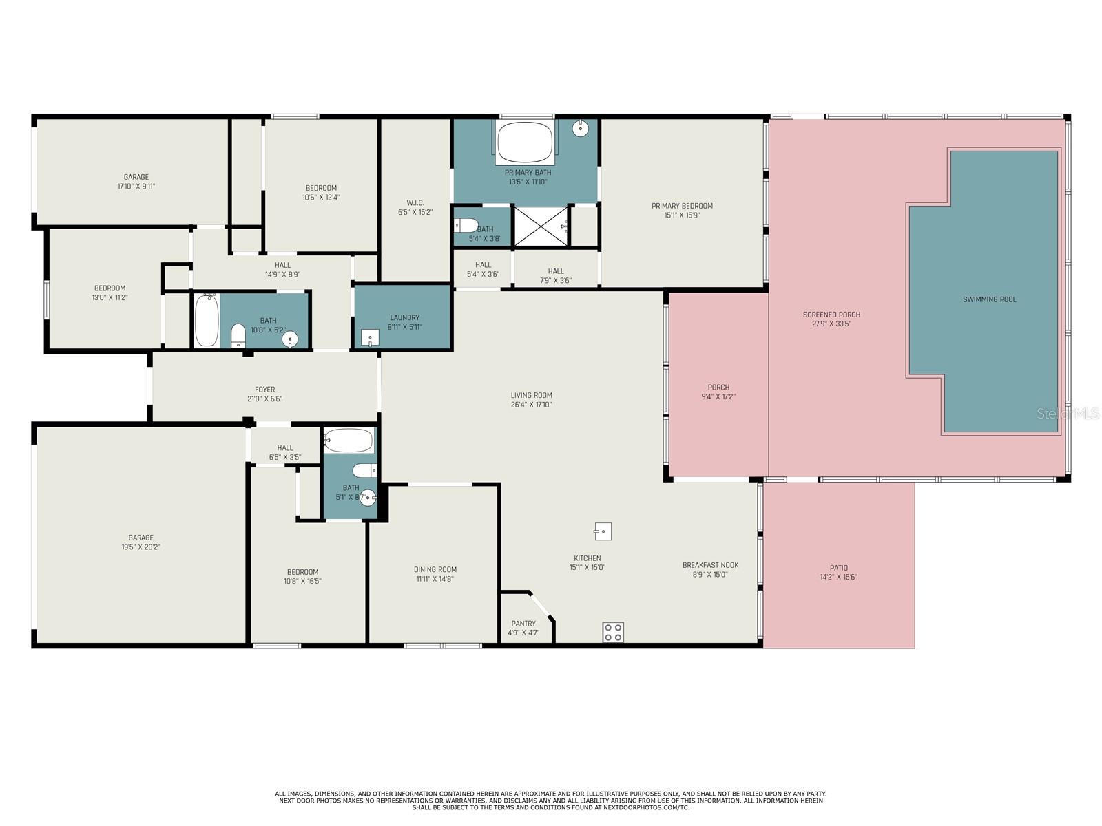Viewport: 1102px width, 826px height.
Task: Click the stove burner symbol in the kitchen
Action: [x=612, y=631]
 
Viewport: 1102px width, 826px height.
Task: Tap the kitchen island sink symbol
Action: [x=603, y=531]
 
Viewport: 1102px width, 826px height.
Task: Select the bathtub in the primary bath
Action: [x=525, y=142]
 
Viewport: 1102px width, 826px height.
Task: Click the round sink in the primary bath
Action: [x=580, y=129]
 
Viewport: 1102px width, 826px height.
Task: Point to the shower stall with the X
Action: [x=541, y=226]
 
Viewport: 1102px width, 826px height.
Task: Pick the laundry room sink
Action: [x=370, y=337]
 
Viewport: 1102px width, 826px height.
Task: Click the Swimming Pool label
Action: [x=989, y=299]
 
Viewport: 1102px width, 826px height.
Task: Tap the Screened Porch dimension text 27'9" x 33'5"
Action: [x=831, y=324]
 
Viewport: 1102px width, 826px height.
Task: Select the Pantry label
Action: [x=523, y=624]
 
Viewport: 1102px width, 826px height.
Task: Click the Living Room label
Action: [x=531, y=395]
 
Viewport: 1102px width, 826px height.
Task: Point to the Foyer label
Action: [x=264, y=390]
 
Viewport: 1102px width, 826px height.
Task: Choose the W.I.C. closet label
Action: [x=415, y=202]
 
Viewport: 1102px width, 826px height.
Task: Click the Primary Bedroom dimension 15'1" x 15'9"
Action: [x=682, y=215]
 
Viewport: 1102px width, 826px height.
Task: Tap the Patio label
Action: [x=838, y=568]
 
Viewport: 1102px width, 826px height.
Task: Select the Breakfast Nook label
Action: [x=710, y=565]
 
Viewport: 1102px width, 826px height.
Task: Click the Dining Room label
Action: [x=435, y=569]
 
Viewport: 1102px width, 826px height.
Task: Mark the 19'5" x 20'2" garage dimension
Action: [x=141, y=547]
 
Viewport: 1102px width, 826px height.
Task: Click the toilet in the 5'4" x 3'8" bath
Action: [x=466, y=225]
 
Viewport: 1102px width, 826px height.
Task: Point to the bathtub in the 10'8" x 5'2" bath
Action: [x=207, y=321]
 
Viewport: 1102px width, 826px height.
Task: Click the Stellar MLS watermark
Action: [x=1068, y=414]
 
